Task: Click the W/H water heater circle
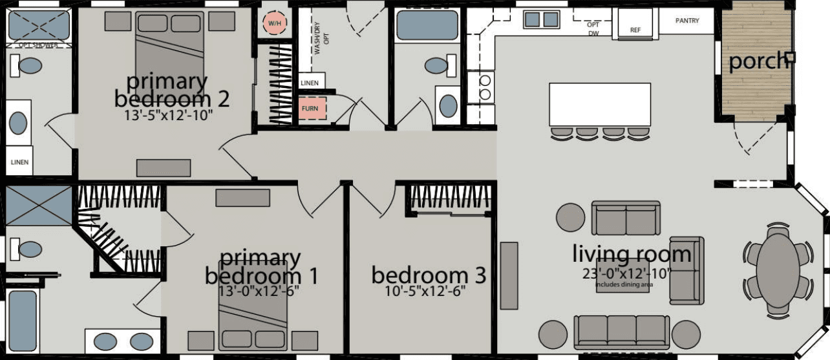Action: (272, 25)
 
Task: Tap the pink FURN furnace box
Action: (309, 108)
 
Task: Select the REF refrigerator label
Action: (635, 30)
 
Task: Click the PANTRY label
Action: (687, 21)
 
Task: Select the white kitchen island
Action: (599, 104)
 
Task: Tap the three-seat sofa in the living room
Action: (622, 332)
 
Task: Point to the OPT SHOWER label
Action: (37, 46)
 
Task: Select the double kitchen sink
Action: (542, 20)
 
